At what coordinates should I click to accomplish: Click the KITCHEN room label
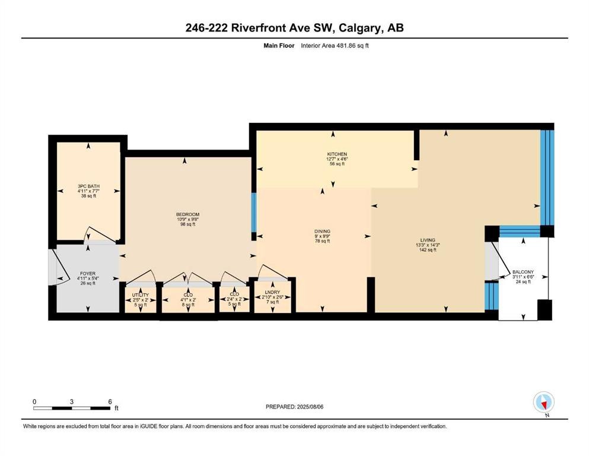[x=337, y=154]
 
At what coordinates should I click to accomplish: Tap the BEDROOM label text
[x=188, y=215]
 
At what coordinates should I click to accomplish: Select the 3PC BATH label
[x=88, y=186]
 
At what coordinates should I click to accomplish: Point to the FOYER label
[x=88, y=274]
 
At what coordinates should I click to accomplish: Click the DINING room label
[x=322, y=232]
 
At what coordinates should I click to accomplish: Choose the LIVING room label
[x=428, y=240]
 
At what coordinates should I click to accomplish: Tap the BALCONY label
[x=523, y=272]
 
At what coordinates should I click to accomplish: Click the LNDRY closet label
[x=272, y=292]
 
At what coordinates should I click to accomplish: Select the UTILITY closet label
[x=141, y=295]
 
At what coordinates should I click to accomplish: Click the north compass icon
[x=543, y=402]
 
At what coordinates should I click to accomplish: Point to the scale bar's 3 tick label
[x=71, y=401]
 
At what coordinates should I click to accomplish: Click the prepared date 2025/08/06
[x=310, y=407]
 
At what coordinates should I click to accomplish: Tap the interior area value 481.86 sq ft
[x=348, y=46]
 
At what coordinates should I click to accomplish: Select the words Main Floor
[x=279, y=46]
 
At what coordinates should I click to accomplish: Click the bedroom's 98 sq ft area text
[x=188, y=224]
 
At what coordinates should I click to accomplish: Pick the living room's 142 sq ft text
[x=428, y=249]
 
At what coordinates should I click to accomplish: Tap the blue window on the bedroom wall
[x=254, y=213]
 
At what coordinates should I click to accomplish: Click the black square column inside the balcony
[x=545, y=310]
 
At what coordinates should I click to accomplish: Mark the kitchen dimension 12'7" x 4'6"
[x=337, y=159]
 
